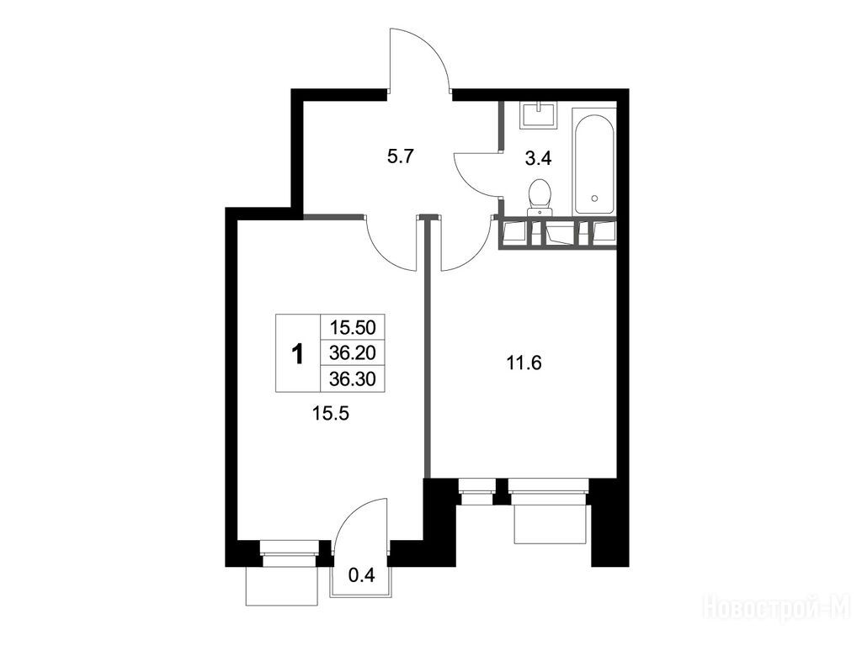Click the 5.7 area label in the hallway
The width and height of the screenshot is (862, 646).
[x=400, y=157]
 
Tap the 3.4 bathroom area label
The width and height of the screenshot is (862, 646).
[x=538, y=159]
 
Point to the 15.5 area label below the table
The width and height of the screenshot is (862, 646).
[x=330, y=413]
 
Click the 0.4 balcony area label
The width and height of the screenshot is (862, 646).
[x=362, y=575]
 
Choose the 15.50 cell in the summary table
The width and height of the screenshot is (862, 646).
[x=353, y=327]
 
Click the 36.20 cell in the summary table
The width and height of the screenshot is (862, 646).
[x=353, y=352]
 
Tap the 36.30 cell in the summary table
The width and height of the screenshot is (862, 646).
[x=353, y=379]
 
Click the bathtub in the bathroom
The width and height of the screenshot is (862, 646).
[x=593, y=162]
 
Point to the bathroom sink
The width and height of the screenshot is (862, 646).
[x=540, y=114]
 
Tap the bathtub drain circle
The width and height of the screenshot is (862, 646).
[x=593, y=198]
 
